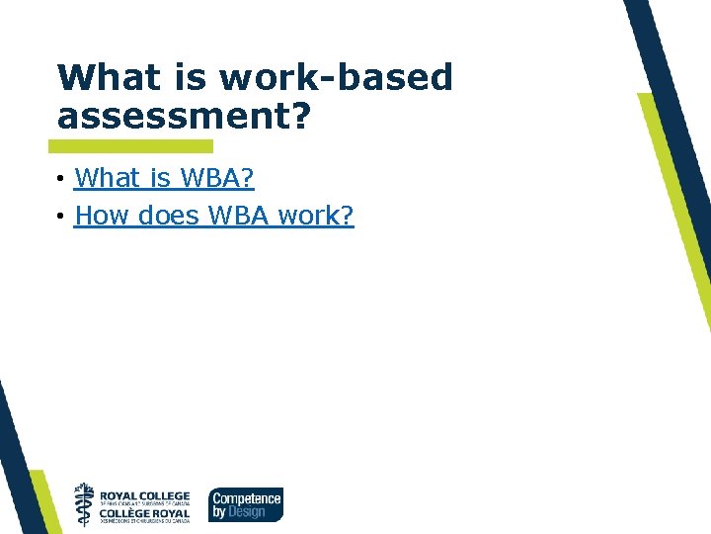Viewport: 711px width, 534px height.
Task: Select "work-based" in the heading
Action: [336, 77]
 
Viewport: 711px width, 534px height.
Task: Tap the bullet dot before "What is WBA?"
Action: [61, 179]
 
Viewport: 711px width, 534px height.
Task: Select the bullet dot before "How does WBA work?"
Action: [61, 216]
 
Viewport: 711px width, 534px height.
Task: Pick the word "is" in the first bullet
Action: [160, 178]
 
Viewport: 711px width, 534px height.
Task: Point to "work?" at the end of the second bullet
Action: [316, 215]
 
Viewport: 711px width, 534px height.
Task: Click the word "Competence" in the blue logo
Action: [246, 498]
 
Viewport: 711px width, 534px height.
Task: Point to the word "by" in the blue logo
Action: [219, 512]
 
